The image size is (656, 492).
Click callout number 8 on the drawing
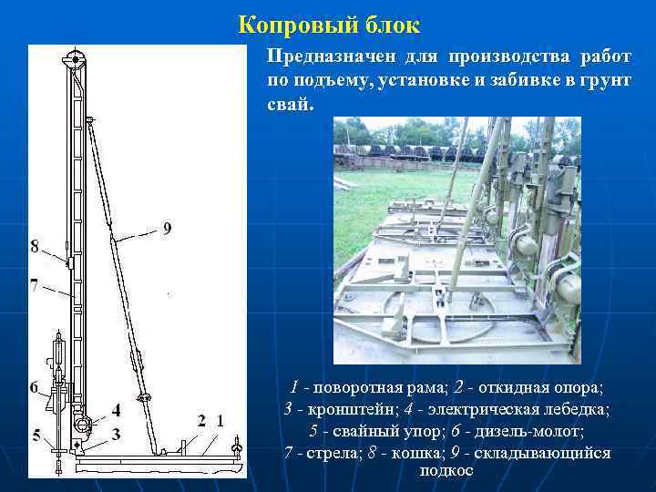[x=35, y=246]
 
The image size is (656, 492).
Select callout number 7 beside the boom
[x=34, y=285]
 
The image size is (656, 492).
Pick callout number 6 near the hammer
[x=34, y=387]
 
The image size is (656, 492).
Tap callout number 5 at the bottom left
[x=36, y=436]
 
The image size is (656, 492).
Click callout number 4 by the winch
[x=116, y=410]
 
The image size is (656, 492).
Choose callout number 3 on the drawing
[x=116, y=435]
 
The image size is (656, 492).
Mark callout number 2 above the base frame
[x=201, y=420]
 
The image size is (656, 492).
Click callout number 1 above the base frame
[x=220, y=420]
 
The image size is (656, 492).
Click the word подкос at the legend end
[x=446, y=470]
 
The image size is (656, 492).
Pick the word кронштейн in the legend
[x=351, y=409]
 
